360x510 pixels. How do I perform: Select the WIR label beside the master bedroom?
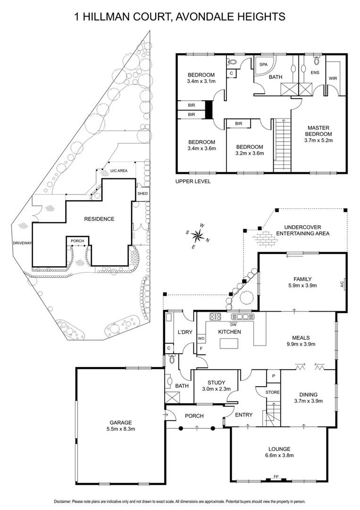click(x=333, y=78)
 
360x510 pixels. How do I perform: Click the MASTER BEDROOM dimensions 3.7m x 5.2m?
click(x=318, y=140)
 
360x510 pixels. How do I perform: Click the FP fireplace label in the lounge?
click(x=276, y=477)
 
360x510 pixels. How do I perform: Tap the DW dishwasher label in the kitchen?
click(x=233, y=324)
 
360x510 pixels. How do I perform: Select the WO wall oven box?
click(x=201, y=339)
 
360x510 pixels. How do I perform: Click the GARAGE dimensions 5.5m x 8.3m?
click(x=121, y=429)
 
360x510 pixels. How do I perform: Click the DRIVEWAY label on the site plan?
click(x=22, y=243)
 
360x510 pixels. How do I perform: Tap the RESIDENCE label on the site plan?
click(x=99, y=219)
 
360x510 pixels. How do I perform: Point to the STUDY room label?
click(x=216, y=382)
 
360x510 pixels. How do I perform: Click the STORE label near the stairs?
click(x=272, y=392)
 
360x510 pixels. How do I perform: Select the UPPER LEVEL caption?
click(x=193, y=181)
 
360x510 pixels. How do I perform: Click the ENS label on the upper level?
click(x=314, y=72)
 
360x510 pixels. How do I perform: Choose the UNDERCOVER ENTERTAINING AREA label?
click(x=302, y=230)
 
